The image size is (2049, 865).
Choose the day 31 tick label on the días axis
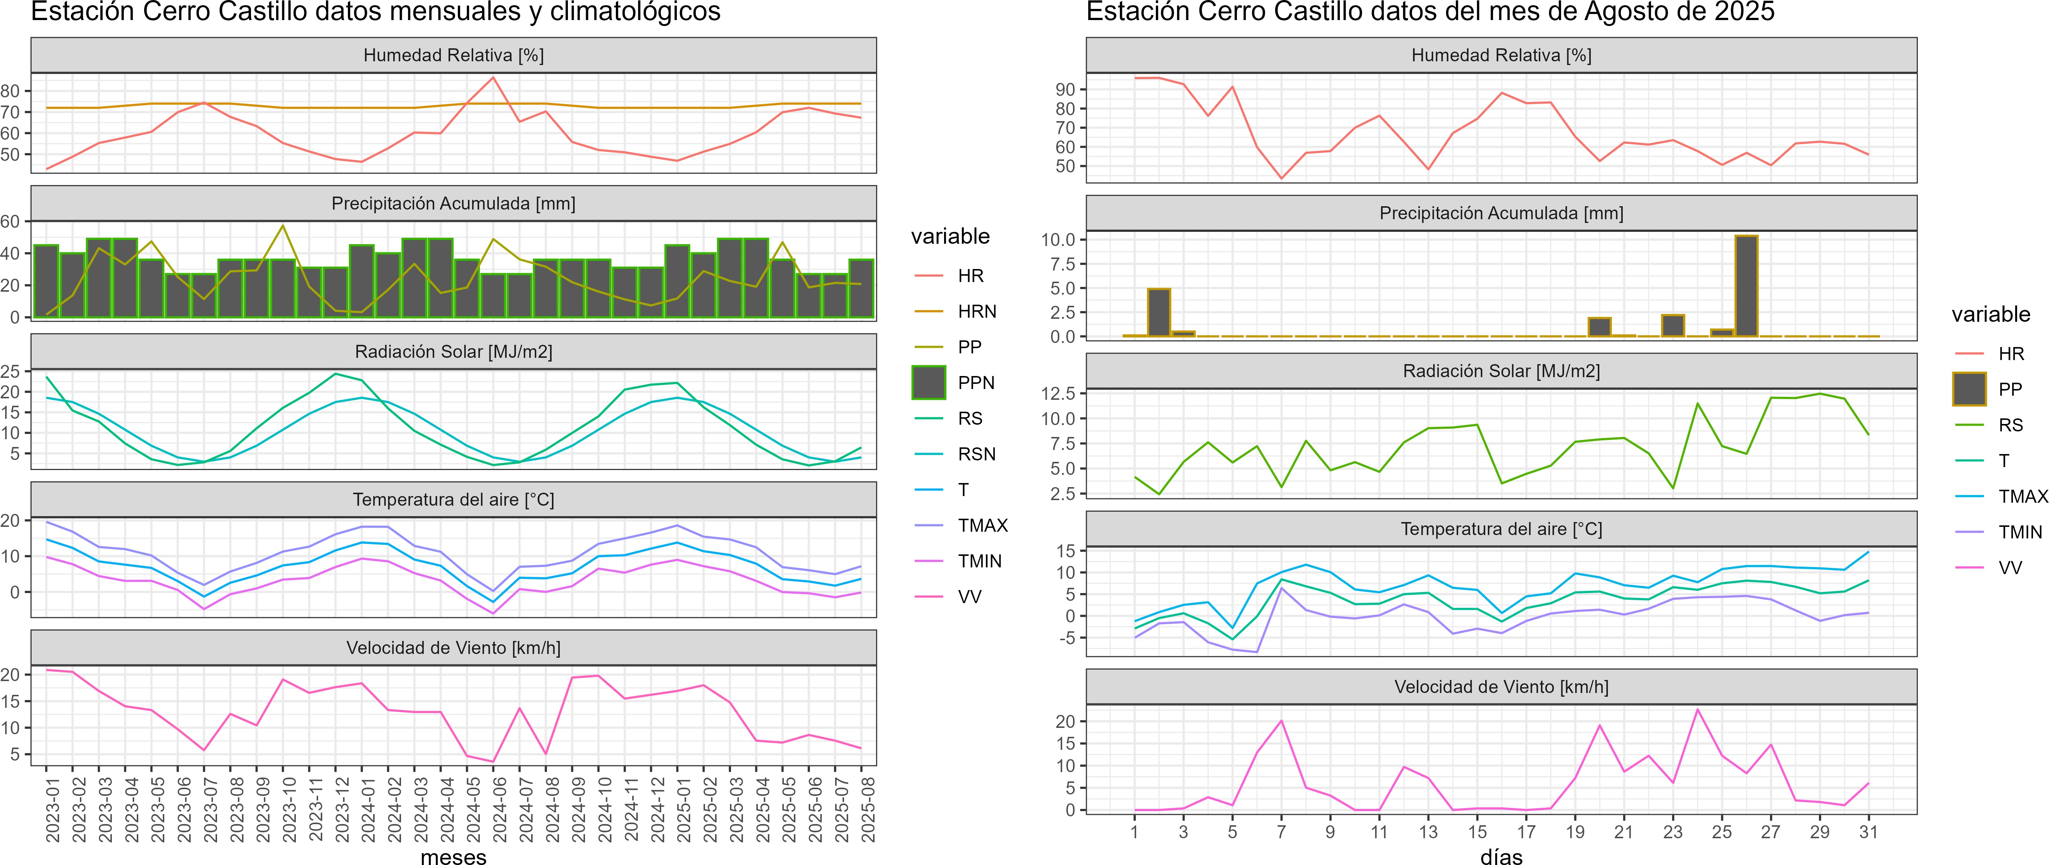click(x=1868, y=832)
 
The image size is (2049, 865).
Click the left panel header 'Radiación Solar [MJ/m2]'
click(x=453, y=351)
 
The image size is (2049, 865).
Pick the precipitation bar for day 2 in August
click(x=1159, y=312)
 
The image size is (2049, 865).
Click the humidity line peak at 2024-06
click(x=493, y=78)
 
